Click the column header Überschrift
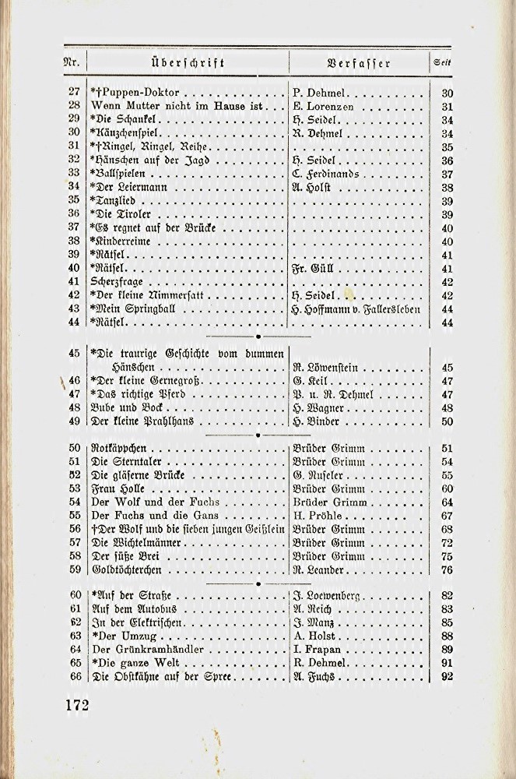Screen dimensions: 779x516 tap(188, 63)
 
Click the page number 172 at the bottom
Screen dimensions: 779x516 tap(76, 706)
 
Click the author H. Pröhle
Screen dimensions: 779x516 tap(318, 516)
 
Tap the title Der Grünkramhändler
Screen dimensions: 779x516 tap(148, 649)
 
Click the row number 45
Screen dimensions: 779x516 tap(75, 353)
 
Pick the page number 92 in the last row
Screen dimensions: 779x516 tap(447, 677)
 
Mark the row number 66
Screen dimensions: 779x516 tap(75, 677)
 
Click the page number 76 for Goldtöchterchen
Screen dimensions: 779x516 tap(447, 569)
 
